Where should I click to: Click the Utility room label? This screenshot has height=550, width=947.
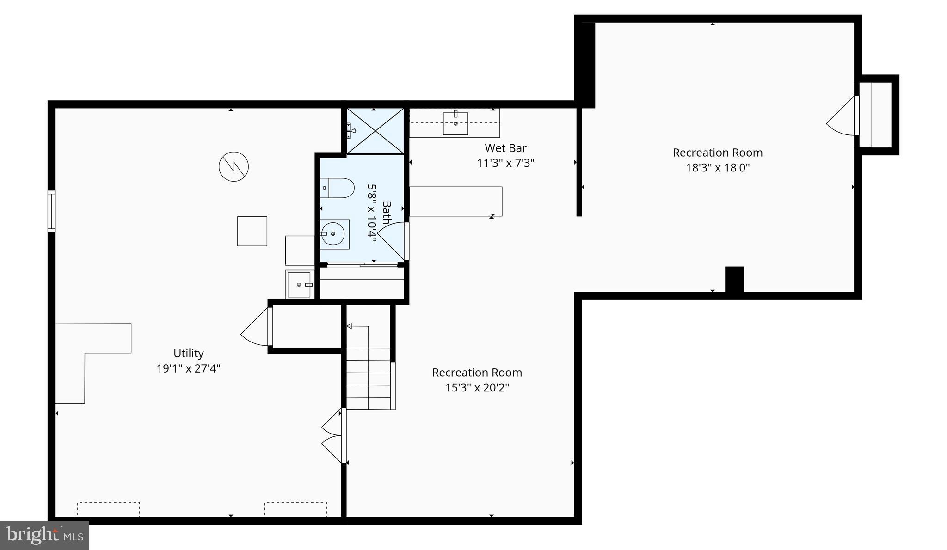(188, 353)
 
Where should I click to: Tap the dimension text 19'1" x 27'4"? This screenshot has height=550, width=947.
(188, 368)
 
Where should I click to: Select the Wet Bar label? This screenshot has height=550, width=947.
(505, 148)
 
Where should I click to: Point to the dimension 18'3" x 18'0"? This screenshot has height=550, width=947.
(717, 167)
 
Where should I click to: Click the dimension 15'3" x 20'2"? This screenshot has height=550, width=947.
(477, 387)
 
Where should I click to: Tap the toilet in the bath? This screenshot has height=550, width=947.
(337, 188)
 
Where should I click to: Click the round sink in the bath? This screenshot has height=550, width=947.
(333, 234)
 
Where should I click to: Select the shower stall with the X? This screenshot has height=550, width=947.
(375, 131)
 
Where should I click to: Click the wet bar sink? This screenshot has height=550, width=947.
(455, 123)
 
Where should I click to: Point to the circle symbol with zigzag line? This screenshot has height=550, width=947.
(234, 166)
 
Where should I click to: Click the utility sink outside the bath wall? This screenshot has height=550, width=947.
(299, 285)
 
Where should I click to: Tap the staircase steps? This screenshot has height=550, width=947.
(369, 379)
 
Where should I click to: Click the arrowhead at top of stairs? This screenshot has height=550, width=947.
(350, 326)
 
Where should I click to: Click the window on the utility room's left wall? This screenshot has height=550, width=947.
(51, 211)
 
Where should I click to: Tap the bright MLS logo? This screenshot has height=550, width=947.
(44, 535)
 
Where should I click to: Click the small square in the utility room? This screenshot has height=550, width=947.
(252, 231)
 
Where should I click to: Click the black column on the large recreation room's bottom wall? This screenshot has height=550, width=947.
(734, 280)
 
